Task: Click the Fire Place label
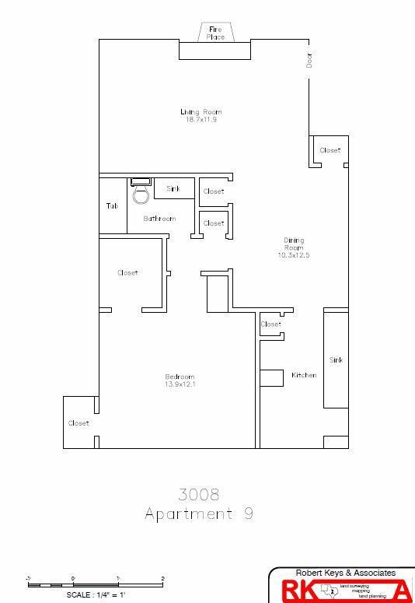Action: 215,33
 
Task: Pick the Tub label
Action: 112,206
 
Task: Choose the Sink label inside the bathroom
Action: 173,188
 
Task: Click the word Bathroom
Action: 159,219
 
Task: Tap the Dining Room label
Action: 294,244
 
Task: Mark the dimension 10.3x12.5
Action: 294,255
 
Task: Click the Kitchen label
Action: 304,375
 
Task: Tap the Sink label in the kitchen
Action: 336,360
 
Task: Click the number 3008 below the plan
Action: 199,494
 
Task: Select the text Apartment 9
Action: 199,514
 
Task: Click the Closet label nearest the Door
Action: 330,150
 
